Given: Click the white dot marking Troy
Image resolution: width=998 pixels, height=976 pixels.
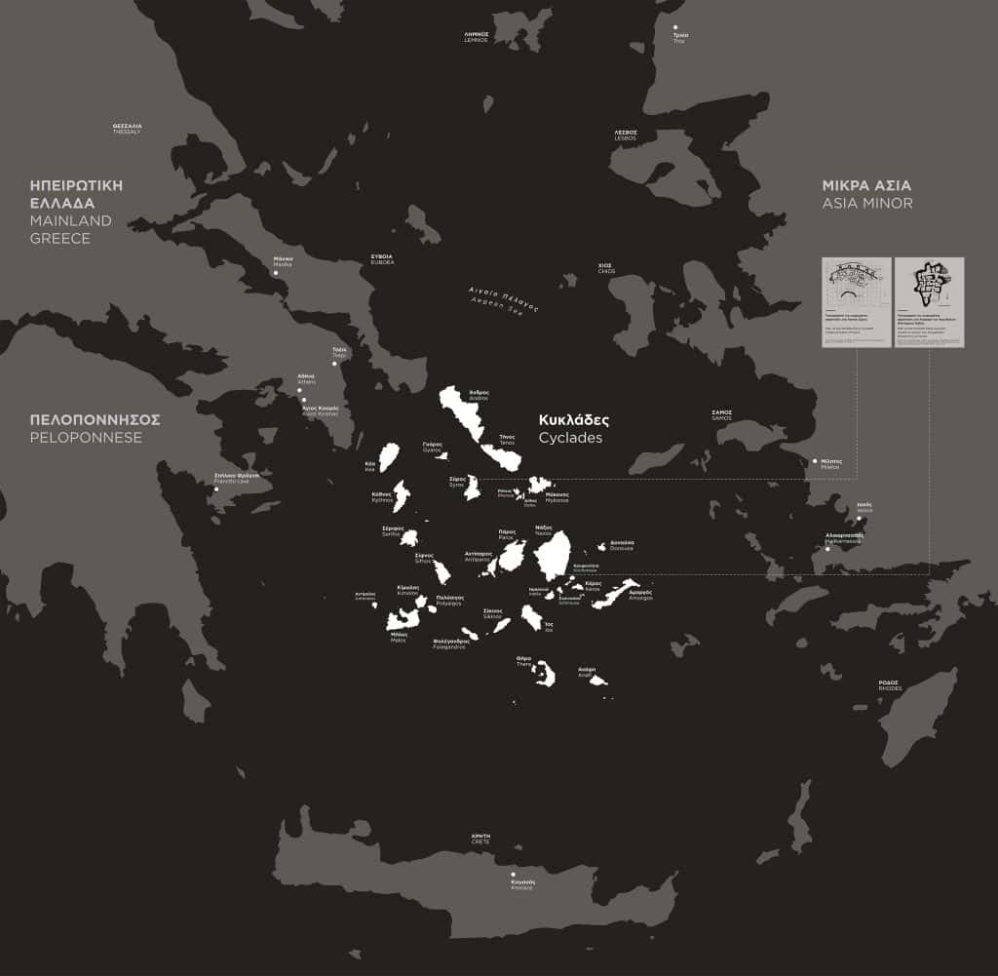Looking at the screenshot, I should point(675,27).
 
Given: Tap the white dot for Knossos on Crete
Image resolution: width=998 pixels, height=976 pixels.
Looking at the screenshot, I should point(513,876).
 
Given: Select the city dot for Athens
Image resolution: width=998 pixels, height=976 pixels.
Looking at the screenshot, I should point(299,391).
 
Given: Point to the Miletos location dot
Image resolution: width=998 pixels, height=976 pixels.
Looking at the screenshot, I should point(815,461).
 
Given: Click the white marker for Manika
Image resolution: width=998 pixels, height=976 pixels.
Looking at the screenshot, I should point(275,273).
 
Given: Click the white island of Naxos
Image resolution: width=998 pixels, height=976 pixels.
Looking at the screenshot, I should point(553,557).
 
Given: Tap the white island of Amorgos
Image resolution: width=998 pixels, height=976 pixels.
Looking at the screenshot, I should point(614,594).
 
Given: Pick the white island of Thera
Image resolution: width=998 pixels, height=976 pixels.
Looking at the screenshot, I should point(543,673).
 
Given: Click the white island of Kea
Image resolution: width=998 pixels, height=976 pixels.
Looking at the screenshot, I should point(388,457).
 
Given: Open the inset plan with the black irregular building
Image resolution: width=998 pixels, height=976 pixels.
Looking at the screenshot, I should point(929,302).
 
